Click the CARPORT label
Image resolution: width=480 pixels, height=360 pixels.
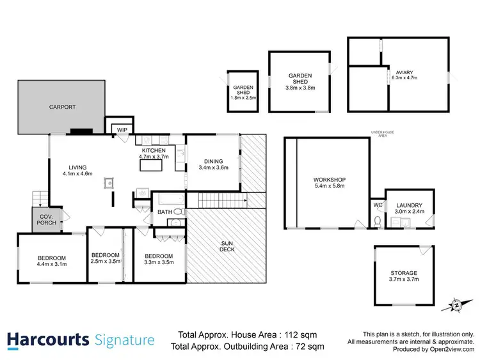[x=62, y=107]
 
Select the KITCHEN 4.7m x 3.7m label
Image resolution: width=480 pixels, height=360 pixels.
[x=153, y=153]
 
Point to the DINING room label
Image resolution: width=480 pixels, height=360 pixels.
[x=213, y=164]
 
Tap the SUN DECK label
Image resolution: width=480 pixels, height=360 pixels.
[x=227, y=246]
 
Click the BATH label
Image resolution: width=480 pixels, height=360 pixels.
[x=164, y=212]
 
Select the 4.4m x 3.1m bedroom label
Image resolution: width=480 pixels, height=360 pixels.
[x=52, y=260]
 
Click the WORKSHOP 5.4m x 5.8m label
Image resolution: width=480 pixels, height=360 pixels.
[x=330, y=182]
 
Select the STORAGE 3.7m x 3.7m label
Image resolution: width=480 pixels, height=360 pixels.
[x=404, y=276]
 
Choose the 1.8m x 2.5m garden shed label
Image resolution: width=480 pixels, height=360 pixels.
[x=243, y=92]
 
